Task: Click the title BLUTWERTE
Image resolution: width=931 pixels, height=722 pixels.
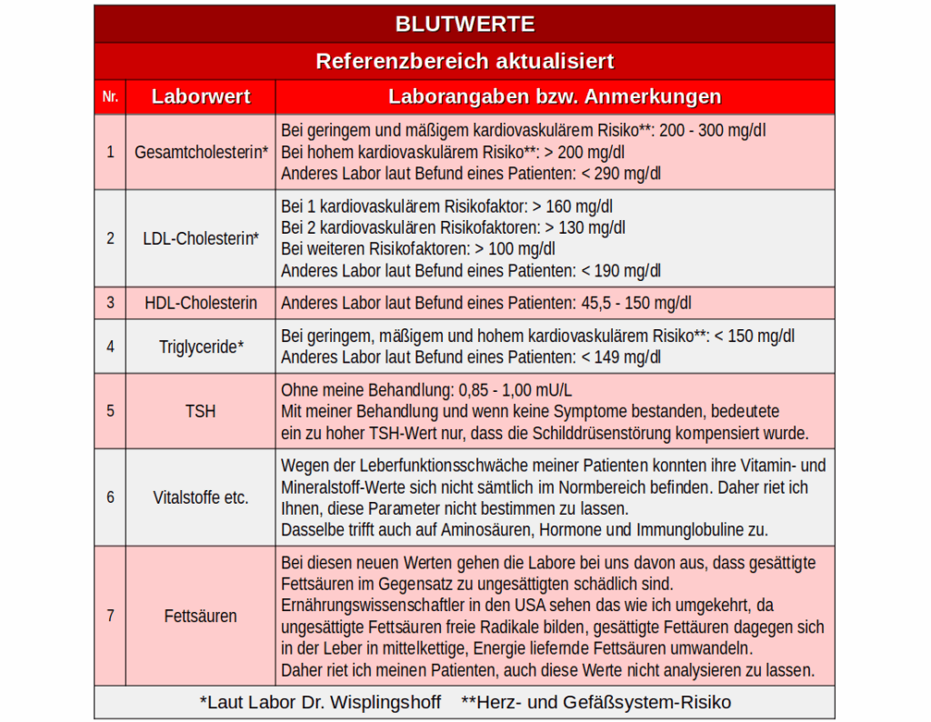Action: [465, 24]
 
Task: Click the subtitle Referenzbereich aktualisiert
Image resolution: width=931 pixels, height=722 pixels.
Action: [465, 61]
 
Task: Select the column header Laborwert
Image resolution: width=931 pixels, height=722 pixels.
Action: [201, 96]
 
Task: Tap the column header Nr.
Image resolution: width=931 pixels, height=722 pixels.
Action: [110, 96]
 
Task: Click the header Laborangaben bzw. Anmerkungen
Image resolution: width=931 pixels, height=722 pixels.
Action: [555, 96]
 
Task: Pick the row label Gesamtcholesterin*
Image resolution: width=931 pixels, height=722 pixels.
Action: [201, 152]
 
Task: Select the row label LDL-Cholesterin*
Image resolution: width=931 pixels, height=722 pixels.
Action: [201, 238]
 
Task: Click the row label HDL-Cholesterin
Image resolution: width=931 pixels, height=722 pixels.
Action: [201, 303]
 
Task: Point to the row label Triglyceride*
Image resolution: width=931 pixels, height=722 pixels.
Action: [201, 346]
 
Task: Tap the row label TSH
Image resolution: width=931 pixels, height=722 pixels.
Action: [201, 411]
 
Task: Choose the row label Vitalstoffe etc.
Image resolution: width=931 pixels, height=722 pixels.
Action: [201, 497]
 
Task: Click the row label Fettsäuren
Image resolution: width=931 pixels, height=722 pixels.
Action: [201, 616]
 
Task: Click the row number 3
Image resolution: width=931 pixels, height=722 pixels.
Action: [110, 303]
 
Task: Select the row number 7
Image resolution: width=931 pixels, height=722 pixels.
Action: [110, 616]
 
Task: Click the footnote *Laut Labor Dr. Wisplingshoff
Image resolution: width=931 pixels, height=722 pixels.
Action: [320, 702]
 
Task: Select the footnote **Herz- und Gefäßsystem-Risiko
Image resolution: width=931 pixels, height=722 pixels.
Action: [596, 702]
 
